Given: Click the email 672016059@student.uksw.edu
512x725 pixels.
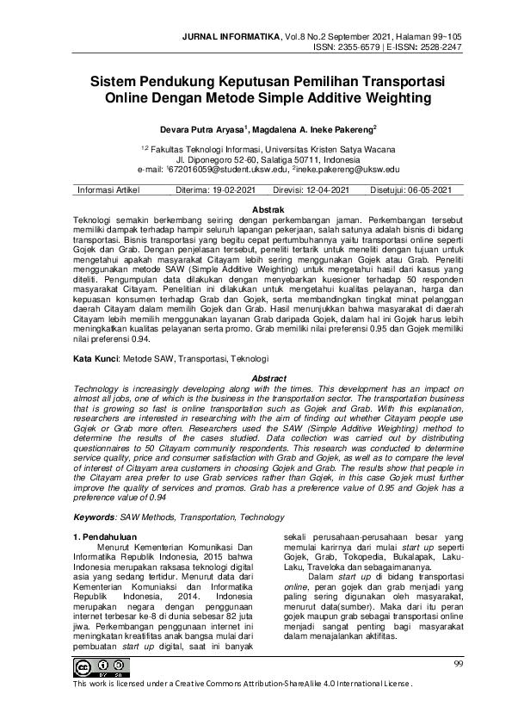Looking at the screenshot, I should pyautogui.click(x=226, y=170).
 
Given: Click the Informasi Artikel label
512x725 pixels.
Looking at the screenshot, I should pyautogui.click(x=109, y=190).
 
